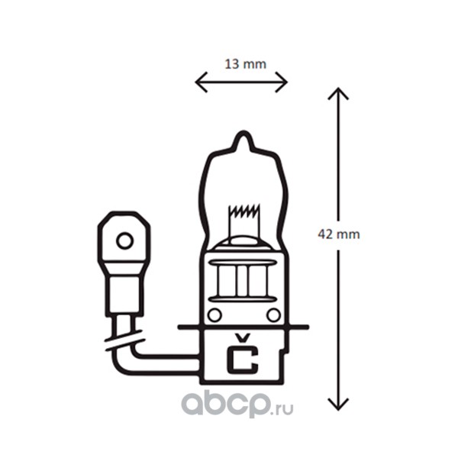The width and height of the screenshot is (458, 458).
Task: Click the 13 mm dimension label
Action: pyautogui.click(x=245, y=64)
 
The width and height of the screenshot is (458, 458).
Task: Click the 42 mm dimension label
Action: pyautogui.click(x=339, y=234)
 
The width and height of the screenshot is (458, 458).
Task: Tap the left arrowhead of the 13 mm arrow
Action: pyautogui.click(x=200, y=82)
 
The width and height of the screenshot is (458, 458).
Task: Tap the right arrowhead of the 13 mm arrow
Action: pyautogui.click(x=282, y=82)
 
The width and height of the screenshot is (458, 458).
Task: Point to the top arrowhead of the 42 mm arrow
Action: pyautogui.click(x=338, y=93)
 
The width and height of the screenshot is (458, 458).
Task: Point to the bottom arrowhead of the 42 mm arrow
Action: pyautogui.click(x=338, y=405)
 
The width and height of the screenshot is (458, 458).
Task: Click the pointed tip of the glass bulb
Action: pyautogui.click(x=244, y=132)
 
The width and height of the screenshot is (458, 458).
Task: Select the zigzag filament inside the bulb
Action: pyautogui.click(x=244, y=211)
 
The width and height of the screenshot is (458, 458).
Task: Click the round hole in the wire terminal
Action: pyautogui.click(x=125, y=241)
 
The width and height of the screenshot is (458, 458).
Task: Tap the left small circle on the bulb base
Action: pyautogui.click(x=214, y=315)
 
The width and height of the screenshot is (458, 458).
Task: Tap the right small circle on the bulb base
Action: pyautogui.click(x=274, y=315)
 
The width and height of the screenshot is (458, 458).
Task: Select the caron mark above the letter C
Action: pyautogui.click(x=243, y=338)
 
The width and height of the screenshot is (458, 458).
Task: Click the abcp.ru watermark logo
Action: pyautogui.click(x=237, y=405)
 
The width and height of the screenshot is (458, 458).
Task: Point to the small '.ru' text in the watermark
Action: pyautogui.click(x=282, y=408)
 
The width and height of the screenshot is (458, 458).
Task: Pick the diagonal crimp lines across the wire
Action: pyautogui.click(x=124, y=340)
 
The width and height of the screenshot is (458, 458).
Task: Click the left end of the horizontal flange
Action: pyautogui.click(x=179, y=327)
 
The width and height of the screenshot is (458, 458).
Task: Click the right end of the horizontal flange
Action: pyautogui.click(x=308, y=327)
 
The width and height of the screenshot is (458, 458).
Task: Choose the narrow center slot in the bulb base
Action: pyautogui.click(x=242, y=281)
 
